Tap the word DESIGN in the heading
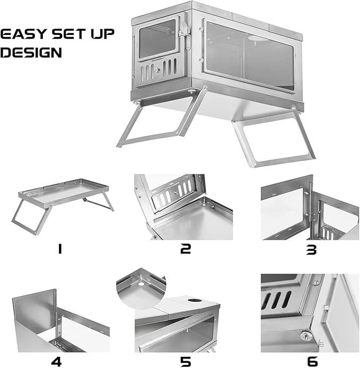pos(31,52)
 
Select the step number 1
pos(60,249)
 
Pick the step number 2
pos(186,249)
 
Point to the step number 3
pos(311,250)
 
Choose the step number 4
pos(56,362)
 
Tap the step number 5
pos(186,362)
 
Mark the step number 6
pos(312,362)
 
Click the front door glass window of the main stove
pos(157,39)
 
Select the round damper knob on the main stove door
pos(157,69)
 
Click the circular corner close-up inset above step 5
pos(141,288)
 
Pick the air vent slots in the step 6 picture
pos(276,300)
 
